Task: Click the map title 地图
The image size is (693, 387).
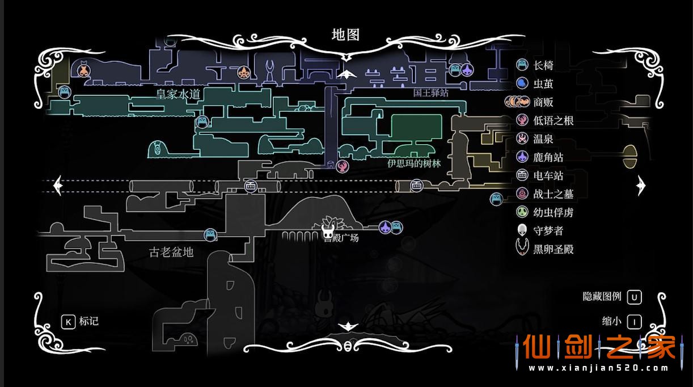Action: coord(345,35)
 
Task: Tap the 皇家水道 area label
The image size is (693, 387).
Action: coord(178,94)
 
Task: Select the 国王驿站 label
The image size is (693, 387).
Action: coord(430,92)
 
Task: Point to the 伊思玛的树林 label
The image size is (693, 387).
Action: coord(414,163)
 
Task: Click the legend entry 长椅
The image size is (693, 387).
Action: coord(543,65)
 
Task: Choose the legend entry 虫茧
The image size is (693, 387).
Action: coord(543,84)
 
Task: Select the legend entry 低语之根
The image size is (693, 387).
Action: coord(553,120)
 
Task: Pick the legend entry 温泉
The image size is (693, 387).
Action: coord(543,138)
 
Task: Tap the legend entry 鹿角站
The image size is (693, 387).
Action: coord(548,157)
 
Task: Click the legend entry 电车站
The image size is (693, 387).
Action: coord(548,175)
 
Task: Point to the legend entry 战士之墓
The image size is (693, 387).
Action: coord(553,194)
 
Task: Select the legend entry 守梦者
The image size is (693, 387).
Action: coord(548,230)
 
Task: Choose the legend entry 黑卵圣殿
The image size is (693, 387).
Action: coord(553,249)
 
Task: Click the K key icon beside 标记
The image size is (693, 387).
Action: coord(68,322)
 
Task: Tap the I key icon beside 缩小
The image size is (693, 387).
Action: coord(634,322)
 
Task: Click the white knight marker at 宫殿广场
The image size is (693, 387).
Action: coord(328,230)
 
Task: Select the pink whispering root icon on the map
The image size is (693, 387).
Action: coord(342,166)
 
